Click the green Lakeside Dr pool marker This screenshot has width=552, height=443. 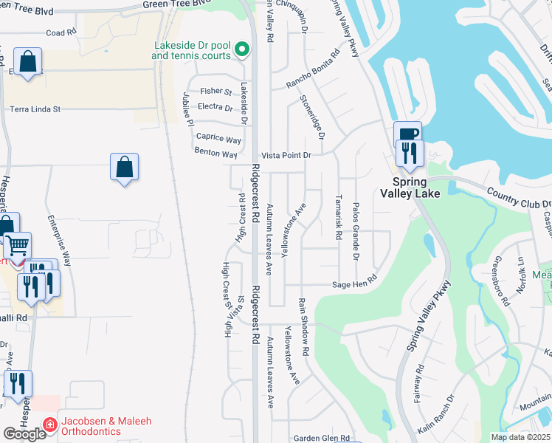tap(241, 50)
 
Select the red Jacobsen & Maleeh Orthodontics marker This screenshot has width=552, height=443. tap(50, 425)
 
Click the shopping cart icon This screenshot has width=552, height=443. tap(16, 244)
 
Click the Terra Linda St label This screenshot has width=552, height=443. tap(35, 109)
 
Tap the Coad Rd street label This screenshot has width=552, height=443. tap(61, 33)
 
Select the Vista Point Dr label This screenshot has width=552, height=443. tap(287, 156)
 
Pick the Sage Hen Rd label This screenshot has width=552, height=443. tap(355, 283)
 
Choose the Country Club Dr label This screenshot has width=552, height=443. tap(519, 198)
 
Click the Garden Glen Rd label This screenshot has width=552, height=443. tap(316, 438)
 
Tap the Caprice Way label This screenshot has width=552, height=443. tap(218, 138)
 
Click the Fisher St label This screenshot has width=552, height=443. tap(216, 92)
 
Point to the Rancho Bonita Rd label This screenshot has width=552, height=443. tap(314, 67)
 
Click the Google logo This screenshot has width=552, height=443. tap(24, 434)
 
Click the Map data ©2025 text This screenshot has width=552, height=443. tap(520, 437)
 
